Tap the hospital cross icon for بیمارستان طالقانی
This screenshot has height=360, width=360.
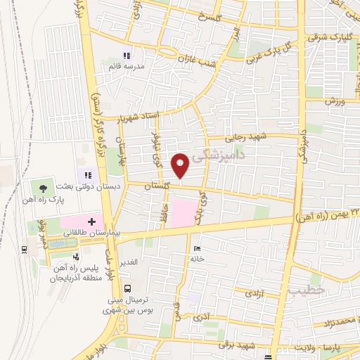[91, 221]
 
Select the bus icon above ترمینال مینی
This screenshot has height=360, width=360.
[127, 288]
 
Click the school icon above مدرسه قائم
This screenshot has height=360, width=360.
[127, 56]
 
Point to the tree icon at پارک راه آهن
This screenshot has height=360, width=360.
[44, 188]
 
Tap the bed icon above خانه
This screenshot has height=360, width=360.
[196, 249]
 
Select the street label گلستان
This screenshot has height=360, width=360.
[157, 186]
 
